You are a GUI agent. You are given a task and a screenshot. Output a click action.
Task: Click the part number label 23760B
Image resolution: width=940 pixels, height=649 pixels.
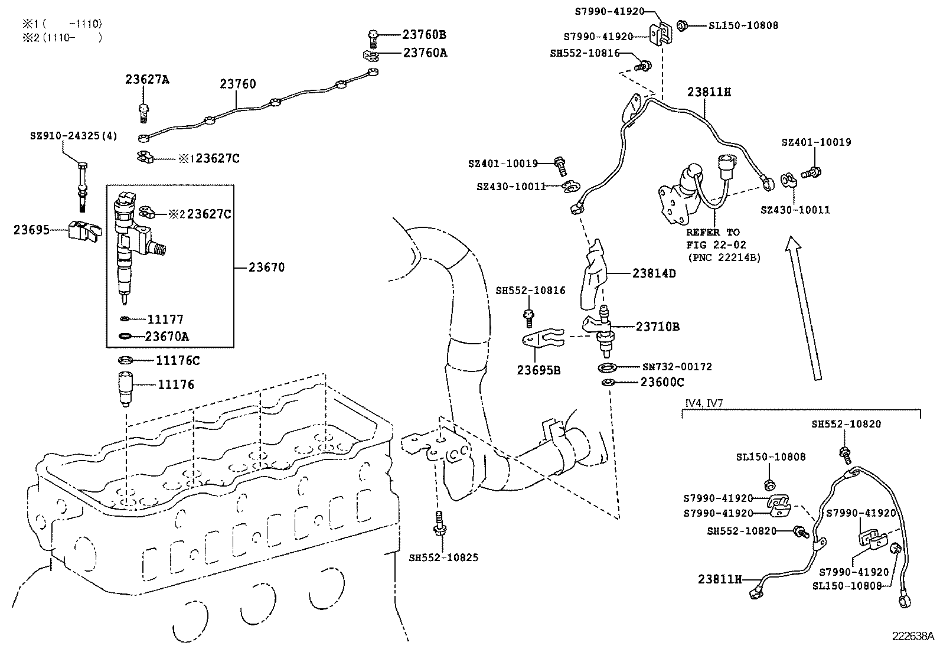(x=425, y=34)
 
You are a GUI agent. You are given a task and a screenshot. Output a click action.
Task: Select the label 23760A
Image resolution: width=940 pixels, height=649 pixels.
(x=425, y=53)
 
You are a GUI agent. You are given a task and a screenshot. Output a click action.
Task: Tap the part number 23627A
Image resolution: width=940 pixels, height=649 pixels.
(x=147, y=80)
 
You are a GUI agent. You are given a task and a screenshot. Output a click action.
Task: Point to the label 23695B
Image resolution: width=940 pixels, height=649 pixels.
(x=538, y=370)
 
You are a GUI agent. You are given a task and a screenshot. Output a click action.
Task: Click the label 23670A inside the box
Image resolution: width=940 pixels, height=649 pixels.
(x=168, y=337)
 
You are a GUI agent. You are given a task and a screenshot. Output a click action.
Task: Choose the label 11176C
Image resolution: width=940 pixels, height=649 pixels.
(x=178, y=360)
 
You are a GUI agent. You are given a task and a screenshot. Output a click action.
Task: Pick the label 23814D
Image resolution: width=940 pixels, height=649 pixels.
(x=654, y=273)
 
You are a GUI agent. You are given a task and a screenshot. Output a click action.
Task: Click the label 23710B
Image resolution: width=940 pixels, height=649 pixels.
(x=657, y=326)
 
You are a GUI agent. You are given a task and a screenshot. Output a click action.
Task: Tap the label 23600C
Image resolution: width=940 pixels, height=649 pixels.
(x=662, y=383)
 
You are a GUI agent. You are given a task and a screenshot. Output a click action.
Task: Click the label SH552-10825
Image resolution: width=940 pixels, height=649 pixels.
(x=443, y=557)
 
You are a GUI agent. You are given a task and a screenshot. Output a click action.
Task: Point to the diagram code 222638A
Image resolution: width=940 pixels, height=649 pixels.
(x=913, y=637)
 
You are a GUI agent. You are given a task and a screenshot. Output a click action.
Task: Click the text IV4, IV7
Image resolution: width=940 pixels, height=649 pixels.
(x=704, y=403)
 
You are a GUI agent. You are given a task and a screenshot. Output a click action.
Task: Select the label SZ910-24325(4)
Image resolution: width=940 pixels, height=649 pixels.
(x=74, y=136)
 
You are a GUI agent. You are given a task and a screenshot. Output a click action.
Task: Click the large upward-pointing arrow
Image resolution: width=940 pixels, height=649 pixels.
(x=804, y=307)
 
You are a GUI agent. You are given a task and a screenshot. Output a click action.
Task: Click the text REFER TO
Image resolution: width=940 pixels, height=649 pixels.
(x=713, y=232)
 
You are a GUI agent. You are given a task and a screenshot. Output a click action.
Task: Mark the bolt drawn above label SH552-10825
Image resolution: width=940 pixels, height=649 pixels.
(x=438, y=523)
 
